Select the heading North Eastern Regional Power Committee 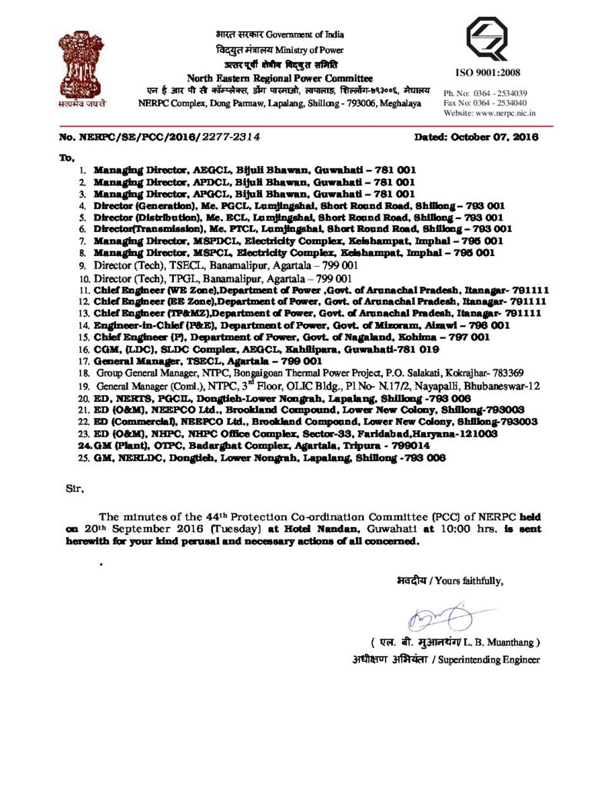tap(280, 79)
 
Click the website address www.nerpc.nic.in tap(507, 112)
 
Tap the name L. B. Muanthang tap(507, 641)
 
